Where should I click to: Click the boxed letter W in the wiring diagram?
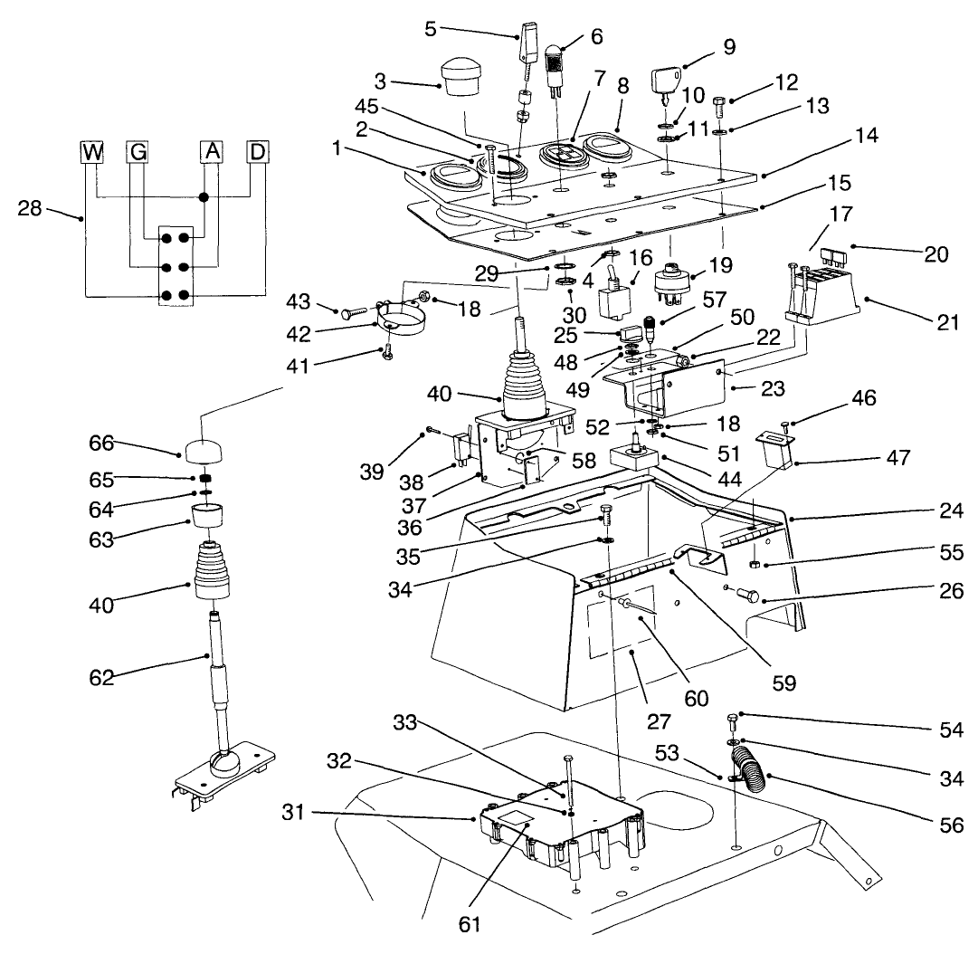click(x=92, y=151)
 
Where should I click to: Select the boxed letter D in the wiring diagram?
click(x=258, y=151)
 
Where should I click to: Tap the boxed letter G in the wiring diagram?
click(x=137, y=151)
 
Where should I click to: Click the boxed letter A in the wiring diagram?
click(x=210, y=151)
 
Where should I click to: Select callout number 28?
click(x=30, y=210)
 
